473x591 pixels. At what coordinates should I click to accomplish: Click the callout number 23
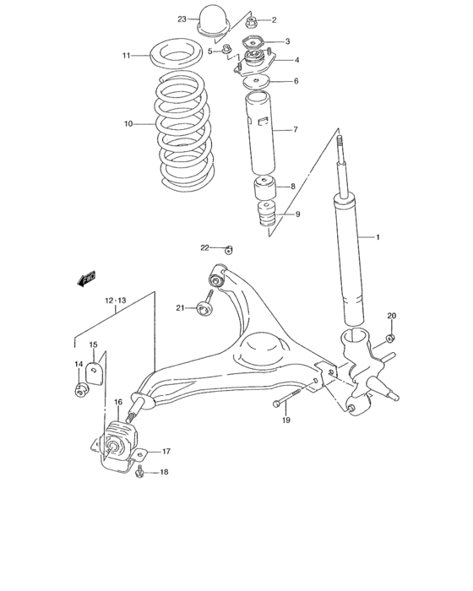(182, 19)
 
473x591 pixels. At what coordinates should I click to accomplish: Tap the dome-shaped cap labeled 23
(209, 21)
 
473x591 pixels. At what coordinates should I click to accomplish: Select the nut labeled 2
(253, 20)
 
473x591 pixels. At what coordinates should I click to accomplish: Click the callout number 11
(126, 56)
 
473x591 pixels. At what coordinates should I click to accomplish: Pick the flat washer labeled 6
(256, 82)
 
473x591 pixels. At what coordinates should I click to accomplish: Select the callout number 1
(379, 237)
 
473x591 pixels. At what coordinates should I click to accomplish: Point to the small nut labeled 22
(228, 248)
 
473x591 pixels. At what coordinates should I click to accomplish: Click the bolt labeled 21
(206, 309)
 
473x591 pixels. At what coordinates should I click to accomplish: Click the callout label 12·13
(116, 300)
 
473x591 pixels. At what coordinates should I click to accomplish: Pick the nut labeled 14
(82, 390)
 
